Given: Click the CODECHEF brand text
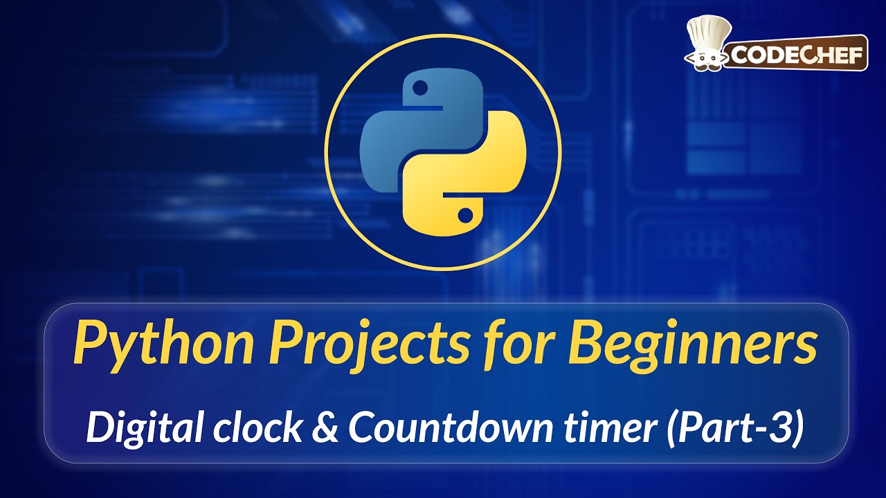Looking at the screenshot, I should [x=795, y=55].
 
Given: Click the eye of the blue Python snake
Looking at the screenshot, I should [x=419, y=88].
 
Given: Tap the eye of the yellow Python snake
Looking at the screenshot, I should [x=466, y=213].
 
